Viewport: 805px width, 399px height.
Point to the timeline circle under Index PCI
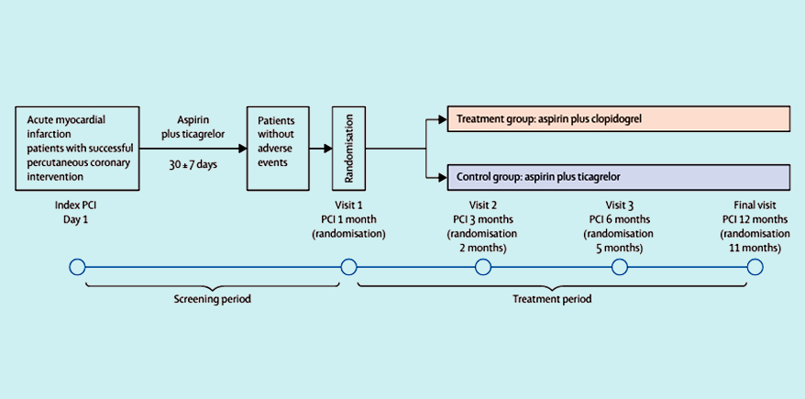77,267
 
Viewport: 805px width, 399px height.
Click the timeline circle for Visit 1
348,267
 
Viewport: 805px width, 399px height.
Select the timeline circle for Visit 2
483,267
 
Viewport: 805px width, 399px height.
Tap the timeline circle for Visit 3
620,267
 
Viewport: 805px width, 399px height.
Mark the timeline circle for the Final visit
755,267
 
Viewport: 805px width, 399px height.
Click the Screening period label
212,299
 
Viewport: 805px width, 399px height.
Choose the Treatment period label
554,299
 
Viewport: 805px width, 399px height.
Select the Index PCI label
77,205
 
